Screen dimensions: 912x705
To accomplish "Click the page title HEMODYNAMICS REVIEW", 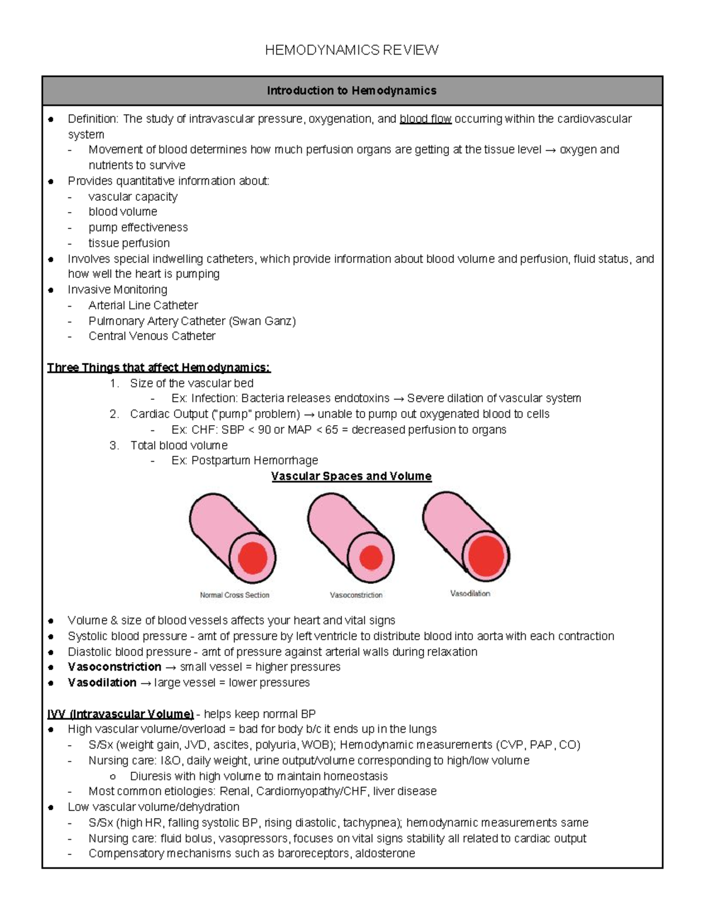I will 351,50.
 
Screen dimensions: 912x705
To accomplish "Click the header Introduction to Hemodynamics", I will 351,90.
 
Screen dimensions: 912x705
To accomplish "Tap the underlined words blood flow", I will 425,119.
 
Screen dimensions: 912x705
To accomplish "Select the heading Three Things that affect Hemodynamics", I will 159,368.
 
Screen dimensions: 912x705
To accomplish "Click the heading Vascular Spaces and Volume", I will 351,476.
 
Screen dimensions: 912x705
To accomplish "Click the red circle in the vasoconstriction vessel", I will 371,557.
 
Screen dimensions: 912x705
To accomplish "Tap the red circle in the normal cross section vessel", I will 253,557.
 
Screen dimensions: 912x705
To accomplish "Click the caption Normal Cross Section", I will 234,595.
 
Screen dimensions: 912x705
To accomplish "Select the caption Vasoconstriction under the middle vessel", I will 356,595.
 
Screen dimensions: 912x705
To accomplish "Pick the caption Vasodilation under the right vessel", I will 470,594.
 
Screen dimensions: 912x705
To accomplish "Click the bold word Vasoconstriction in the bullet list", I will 115,667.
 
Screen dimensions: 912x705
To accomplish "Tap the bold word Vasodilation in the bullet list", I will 102,683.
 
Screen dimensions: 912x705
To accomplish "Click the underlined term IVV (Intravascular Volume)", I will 120,714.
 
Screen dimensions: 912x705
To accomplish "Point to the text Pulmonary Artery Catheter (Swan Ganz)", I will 192,321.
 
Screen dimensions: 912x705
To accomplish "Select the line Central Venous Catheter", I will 152,336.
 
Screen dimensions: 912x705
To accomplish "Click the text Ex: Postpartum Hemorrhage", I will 244,460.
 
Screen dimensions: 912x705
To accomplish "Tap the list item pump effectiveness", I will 138,227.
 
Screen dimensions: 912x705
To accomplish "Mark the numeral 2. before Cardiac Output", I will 114,414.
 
